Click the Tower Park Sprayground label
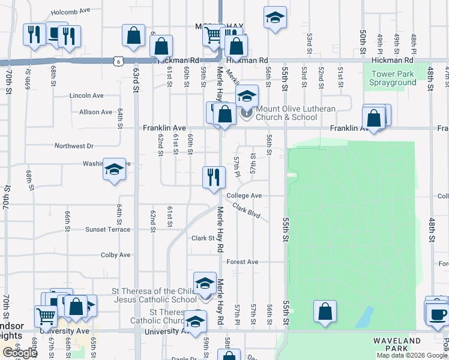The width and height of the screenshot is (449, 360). tap(393, 78)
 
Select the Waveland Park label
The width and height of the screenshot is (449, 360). tap(397, 344)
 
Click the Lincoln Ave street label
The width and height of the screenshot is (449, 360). tap(87, 95)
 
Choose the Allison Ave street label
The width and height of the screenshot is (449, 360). tap(95, 112)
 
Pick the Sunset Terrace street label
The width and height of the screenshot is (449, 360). tap(107, 229)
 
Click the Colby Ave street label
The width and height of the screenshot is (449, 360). tap(116, 255)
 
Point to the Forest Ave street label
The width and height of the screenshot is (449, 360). tap(243, 262)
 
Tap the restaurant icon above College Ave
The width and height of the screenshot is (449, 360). tap(213, 177)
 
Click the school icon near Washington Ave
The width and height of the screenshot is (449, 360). tap(113, 169)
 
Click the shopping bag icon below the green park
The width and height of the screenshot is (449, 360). tap(325, 311)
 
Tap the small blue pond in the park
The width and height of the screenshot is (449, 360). tap(364, 319)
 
